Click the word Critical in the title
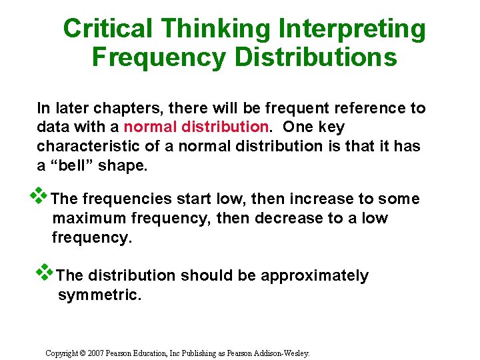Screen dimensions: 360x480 tap(108, 29)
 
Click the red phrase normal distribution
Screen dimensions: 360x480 tap(195, 127)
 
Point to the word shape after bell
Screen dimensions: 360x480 tap(123, 165)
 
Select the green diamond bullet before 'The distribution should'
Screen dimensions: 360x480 tap(45, 272)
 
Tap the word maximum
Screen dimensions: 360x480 tap(89, 218)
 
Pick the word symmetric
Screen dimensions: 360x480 tap(99, 295)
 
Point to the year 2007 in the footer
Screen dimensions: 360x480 tap(93, 353)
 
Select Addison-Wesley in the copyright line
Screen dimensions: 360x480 tap(283, 353)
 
